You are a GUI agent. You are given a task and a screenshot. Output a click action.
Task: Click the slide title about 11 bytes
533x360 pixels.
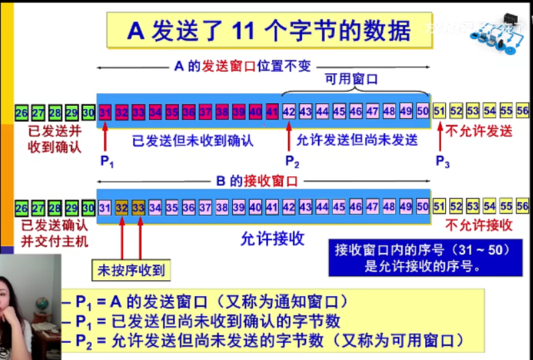269,31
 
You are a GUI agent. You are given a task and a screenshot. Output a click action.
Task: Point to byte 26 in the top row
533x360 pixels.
22,112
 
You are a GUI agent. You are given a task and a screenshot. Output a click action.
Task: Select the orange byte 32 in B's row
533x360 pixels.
122,207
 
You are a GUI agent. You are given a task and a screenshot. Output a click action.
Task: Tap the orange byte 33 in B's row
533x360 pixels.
138,207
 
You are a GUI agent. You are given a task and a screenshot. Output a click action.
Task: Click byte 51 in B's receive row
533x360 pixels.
439,207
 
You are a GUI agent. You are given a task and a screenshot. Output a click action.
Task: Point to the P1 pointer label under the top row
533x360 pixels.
106,161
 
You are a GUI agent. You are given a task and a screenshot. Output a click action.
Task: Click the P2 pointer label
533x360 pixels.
291,161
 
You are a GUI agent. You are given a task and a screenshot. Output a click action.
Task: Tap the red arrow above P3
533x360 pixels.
439,136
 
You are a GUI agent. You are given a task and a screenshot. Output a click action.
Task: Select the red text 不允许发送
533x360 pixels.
479,131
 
